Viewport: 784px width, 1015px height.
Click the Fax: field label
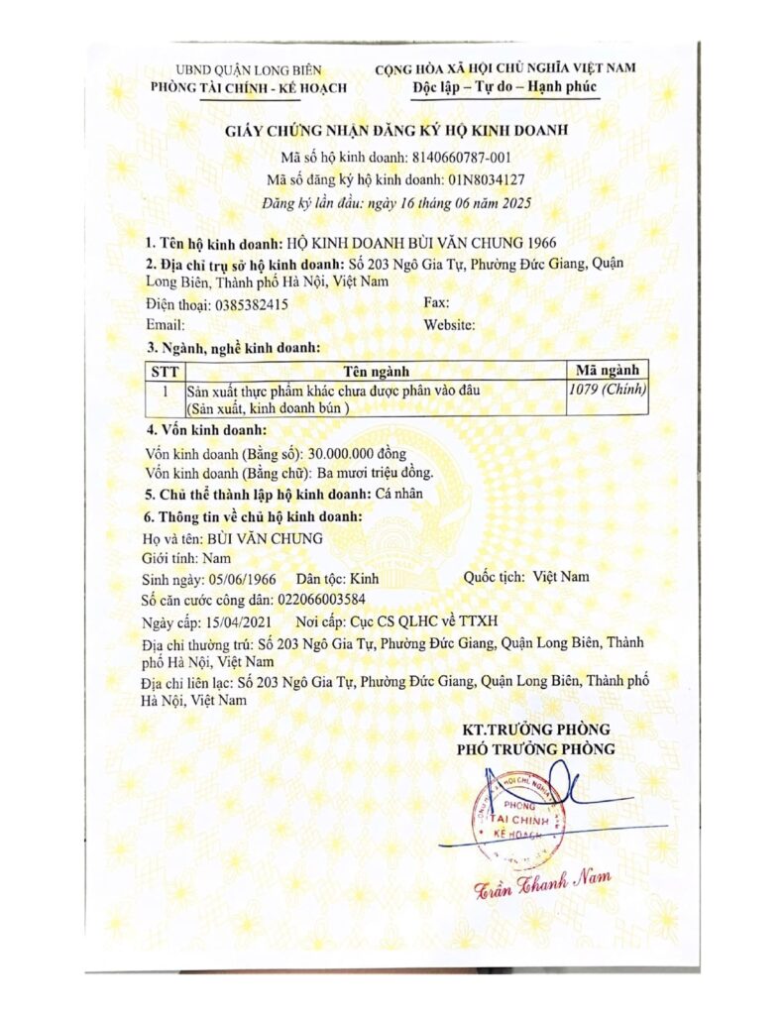(x=435, y=303)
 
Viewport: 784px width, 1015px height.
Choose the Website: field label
(x=449, y=324)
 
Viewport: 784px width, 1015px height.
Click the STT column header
(x=163, y=371)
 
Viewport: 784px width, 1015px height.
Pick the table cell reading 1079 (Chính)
(x=608, y=390)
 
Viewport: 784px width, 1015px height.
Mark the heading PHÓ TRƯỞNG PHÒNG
(x=535, y=749)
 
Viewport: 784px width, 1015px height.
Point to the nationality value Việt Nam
(x=561, y=576)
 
